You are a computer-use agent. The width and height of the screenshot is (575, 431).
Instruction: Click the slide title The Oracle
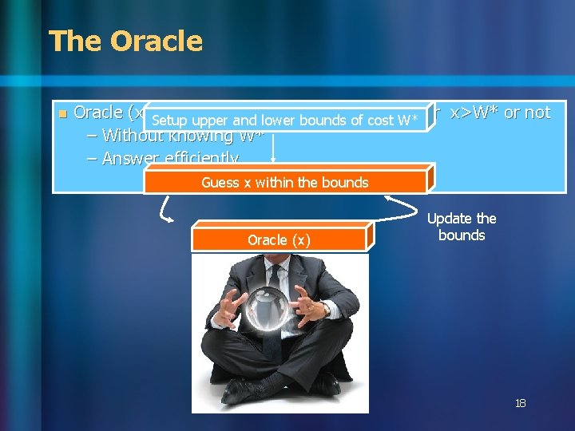pyautogui.click(x=126, y=41)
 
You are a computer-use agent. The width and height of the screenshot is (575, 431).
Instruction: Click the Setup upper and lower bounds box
pyautogui.click(x=285, y=121)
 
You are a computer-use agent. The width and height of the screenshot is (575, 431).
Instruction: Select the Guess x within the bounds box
pyautogui.click(x=285, y=182)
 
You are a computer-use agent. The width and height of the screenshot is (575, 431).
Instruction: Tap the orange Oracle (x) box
pyautogui.click(x=280, y=240)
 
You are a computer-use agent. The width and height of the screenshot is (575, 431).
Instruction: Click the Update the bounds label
pyautogui.click(x=462, y=227)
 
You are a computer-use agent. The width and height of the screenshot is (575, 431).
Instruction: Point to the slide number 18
pyautogui.click(x=520, y=404)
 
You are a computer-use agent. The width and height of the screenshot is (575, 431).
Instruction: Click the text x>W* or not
pyautogui.click(x=500, y=113)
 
